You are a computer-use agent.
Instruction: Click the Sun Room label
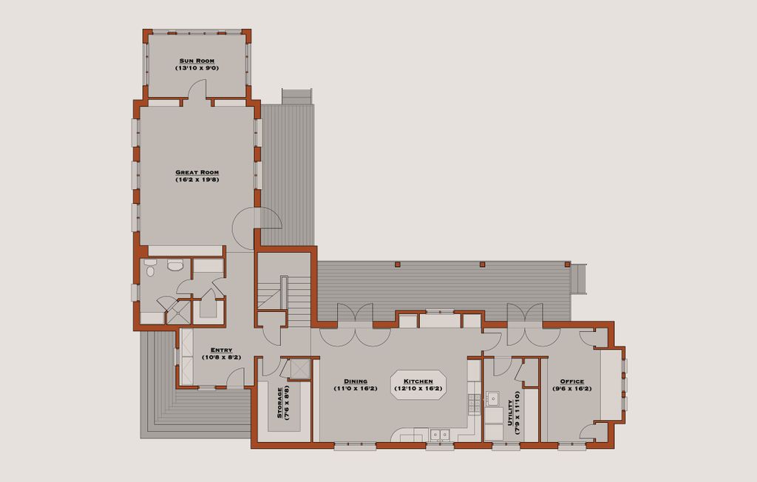[x=197, y=61]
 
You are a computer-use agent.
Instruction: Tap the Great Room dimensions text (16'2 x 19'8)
[x=197, y=180]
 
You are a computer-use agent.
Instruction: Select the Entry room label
[x=221, y=350]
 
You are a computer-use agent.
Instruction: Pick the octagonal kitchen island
[x=419, y=384]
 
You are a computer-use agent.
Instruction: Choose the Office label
[x=572, y=381]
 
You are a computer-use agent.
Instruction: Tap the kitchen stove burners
[x=475, y=404]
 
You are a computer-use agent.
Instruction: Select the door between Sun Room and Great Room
[x=197, y=90]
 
